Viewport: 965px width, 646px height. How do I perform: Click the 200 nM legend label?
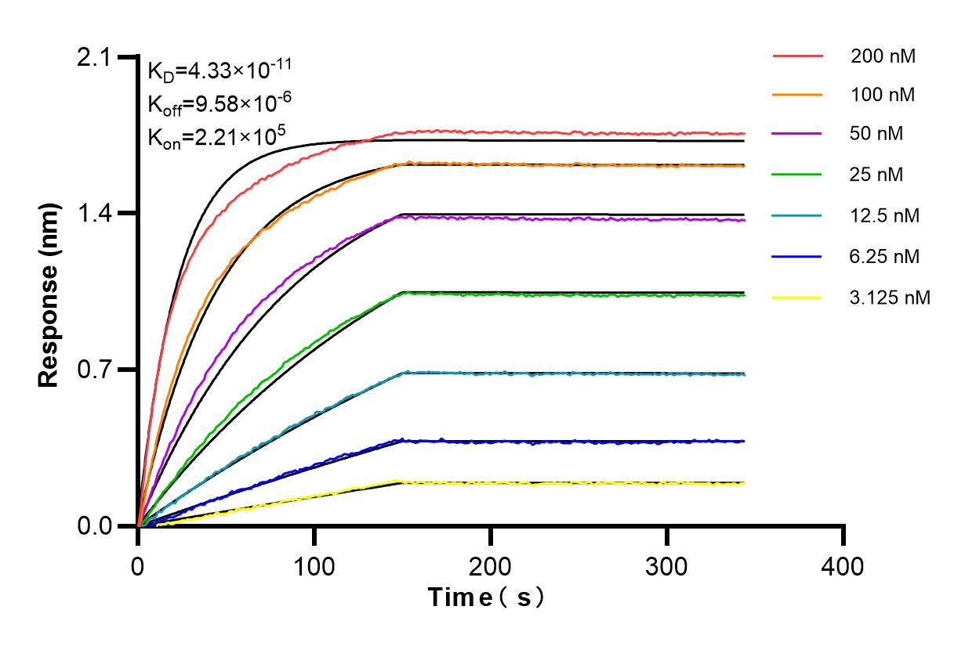point(883,56)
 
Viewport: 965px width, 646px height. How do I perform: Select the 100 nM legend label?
point(883,96)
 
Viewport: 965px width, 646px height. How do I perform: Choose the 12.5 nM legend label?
point(885,215)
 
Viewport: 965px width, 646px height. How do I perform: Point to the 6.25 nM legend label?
point(885,256)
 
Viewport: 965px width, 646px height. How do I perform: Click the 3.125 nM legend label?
point(890,298)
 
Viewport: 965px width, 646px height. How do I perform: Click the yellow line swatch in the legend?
point(797,298)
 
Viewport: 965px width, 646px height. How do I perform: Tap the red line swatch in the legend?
point(797,56)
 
